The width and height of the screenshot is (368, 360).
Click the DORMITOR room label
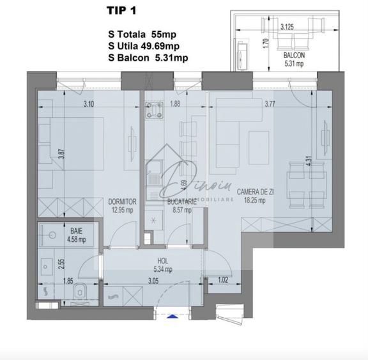[x=122, y=200]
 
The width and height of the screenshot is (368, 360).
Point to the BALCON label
[x=295, y=56]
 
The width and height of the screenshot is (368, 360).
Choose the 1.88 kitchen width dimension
[x=175, y=104]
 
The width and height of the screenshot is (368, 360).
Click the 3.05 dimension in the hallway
[x=153, y=279]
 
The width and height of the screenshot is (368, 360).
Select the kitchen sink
[x=155, y=169]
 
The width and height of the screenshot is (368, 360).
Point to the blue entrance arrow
[x=173, y=314]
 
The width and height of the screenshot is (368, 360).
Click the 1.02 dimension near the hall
[x=222, y=279]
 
